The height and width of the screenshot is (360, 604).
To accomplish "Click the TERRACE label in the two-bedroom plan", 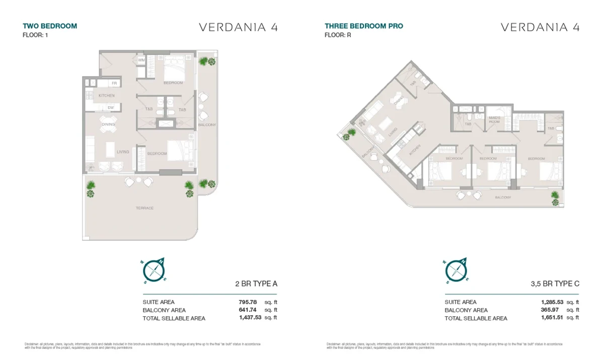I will [x=144, y=208].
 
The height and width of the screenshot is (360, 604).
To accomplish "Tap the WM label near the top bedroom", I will [x=141, y=60].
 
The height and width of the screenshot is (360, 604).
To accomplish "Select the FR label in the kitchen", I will [x=114, y=83].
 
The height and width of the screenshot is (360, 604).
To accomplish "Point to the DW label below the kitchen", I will [x=110, y=107].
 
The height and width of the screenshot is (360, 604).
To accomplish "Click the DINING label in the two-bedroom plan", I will [x=108, y=124].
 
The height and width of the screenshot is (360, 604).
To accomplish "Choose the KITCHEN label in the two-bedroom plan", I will [x=106, y=96].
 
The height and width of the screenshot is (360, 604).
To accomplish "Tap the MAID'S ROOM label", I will [x=494, y=120].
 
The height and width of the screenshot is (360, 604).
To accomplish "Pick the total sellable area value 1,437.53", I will [x=251, y=318].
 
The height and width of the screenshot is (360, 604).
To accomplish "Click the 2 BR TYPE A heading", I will [x=256, y=284].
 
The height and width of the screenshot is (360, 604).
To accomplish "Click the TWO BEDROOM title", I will [x=50, y=26].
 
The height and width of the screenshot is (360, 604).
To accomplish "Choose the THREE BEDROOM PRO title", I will [x=363, y=26].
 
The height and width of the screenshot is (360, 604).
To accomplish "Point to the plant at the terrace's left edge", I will [x=91, y=189].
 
